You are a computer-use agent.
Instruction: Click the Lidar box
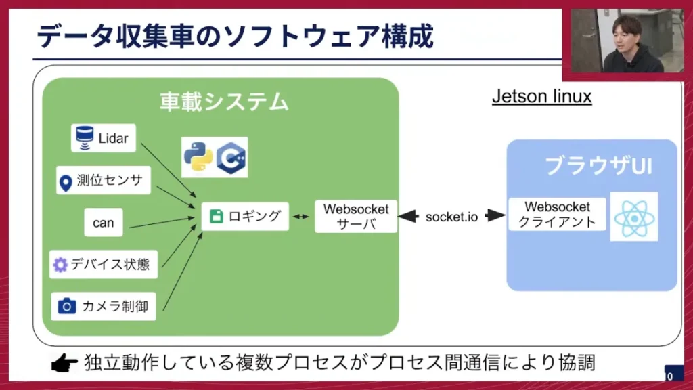[103, 138]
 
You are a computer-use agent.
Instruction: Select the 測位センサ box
[103, 181]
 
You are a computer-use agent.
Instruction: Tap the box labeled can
[104, 223]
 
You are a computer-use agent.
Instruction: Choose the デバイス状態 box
[103, 264]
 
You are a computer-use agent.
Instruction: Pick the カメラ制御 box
[103, 306]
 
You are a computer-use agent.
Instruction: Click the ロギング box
[245, 217]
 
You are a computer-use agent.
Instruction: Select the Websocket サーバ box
[356, 217]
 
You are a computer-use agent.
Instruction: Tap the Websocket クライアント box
[557, 214]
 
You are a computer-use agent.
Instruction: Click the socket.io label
[451, 217]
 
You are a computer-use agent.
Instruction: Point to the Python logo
[198, 157]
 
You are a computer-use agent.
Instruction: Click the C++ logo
[231, 158]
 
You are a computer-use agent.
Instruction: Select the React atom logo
[633, 217]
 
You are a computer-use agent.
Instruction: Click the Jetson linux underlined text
[541, 97]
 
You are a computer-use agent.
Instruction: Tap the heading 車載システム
[224, 102]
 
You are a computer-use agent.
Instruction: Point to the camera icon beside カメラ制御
[66, 306]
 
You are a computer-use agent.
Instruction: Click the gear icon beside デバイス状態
[60, 265]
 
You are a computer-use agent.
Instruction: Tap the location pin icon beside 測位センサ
[66, 182]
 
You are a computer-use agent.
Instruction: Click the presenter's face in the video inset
[626, 32]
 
